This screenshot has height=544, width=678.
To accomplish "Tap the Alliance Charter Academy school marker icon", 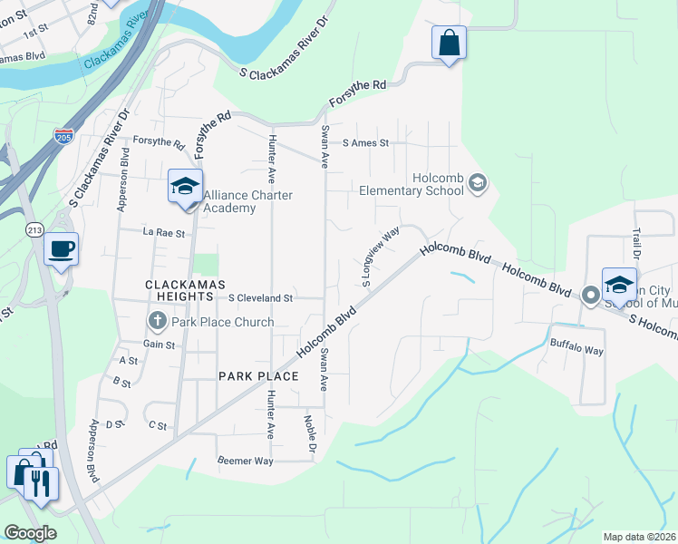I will click(185, 188).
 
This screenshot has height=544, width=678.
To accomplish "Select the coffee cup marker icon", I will click(61, 249).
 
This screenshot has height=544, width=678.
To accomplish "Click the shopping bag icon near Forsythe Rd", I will click(449, 43).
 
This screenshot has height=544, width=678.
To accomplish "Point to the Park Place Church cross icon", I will click(157, 321).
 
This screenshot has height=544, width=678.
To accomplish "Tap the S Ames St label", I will click(365, 143).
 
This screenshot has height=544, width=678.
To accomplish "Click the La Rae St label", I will click(164, 233).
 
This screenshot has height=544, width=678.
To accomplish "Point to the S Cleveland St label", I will click(261, 297).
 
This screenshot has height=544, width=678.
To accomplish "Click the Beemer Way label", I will click(245, 461).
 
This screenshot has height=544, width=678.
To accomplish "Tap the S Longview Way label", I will click(382, 257).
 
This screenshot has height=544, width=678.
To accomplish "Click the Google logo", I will click(30, 533).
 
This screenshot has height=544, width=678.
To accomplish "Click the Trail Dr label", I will click(636, 242).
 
